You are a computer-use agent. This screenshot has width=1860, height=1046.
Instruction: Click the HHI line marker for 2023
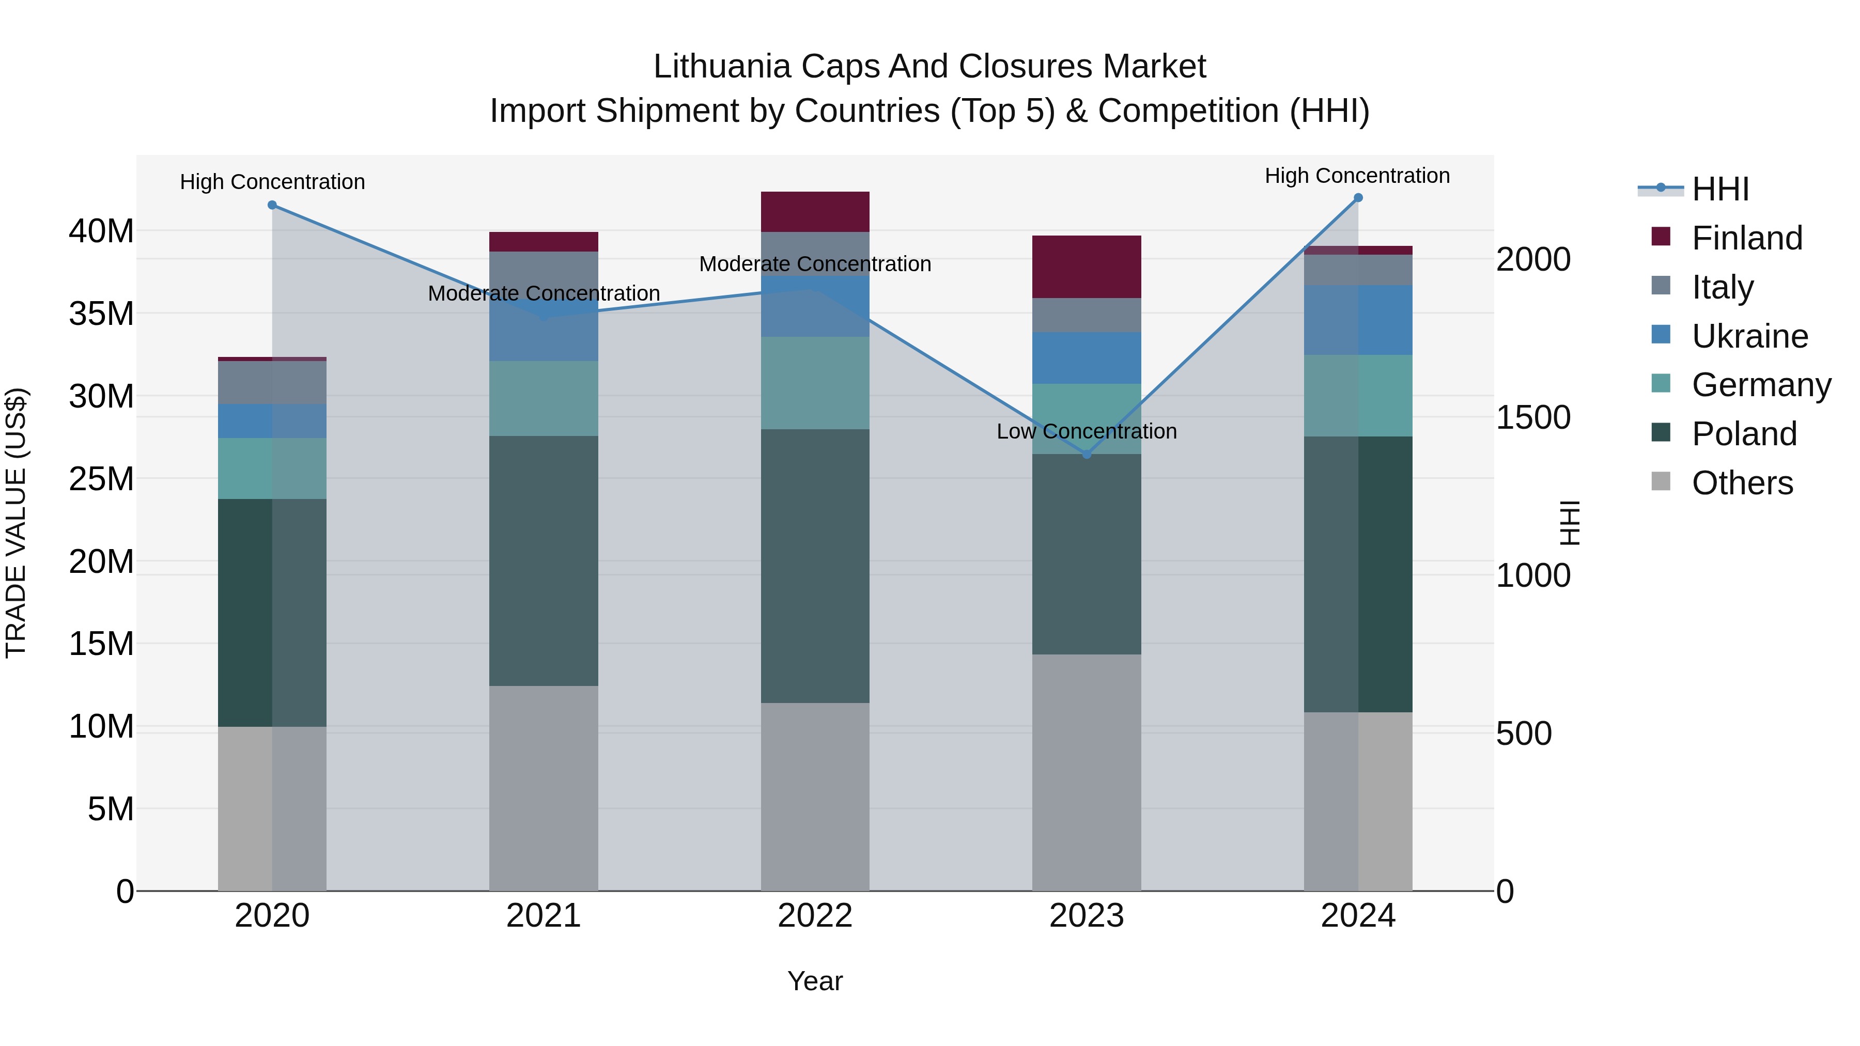[1087, 454]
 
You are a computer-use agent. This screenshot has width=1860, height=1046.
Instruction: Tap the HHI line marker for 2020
[272, 205]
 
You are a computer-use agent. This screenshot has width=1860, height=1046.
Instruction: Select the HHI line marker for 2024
[1358, 198]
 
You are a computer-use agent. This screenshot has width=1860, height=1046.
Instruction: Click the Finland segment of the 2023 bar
[1087, 267]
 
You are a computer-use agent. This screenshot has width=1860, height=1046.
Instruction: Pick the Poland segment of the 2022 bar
[815, 566]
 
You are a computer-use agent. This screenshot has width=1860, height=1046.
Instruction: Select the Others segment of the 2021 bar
[544, 788]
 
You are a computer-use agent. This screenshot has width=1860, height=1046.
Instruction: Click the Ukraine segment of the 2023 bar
[1087, 358]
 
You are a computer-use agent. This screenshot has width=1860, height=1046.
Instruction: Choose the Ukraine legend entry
[1749, 336]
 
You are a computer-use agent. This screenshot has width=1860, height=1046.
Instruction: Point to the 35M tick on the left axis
[101, 314]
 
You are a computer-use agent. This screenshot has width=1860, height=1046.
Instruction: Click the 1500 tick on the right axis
[1533, 417]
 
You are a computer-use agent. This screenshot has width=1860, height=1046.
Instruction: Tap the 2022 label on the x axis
[815, 916]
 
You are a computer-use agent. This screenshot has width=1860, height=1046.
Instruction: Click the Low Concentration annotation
[1087, 432]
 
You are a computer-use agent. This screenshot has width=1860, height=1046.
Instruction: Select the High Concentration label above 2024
[1357, 176]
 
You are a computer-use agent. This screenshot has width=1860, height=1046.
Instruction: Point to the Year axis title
[815, 981]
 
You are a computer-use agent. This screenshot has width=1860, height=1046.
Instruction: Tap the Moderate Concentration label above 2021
[544, 294]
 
